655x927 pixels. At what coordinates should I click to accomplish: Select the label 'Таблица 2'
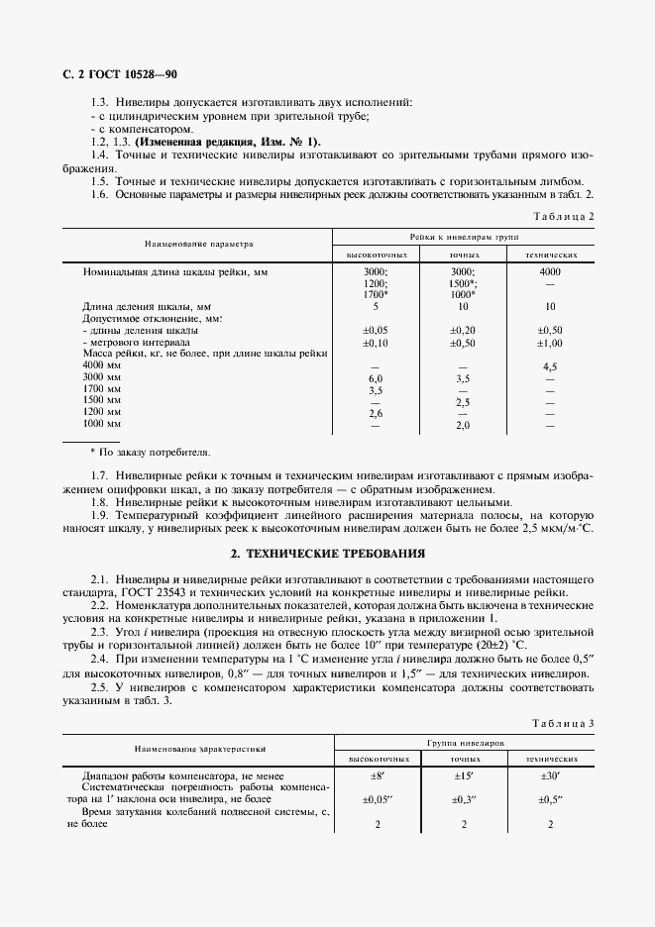point(563,216)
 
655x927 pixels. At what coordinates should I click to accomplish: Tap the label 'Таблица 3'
point(563,724)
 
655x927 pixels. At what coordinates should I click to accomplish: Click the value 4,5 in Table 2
point(550,365)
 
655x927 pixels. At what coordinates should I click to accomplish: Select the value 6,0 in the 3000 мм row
point(376,378)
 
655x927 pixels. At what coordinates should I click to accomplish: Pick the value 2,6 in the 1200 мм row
point(376,412)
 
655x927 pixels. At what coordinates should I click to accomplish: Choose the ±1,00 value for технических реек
point(550,342)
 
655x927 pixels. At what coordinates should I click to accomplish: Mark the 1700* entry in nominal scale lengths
point(376,294)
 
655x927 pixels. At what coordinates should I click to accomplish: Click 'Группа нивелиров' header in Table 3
point(463,741)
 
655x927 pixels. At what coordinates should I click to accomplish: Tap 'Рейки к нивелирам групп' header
point(463,239)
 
